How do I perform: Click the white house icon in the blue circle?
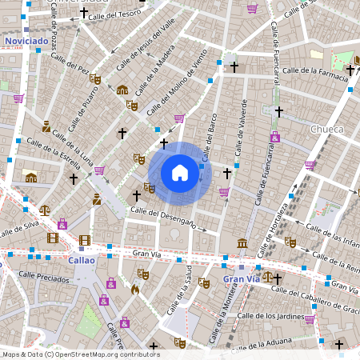(x=180, y=172)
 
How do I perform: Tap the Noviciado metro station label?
(x=26, y=40)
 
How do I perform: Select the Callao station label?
(x=82, y=260)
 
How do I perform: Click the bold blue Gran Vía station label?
(x=242, y=279)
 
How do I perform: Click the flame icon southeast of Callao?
(x=135, y=290)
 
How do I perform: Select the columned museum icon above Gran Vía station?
(x=242, y=243)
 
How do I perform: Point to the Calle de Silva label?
(x=20, y=230)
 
